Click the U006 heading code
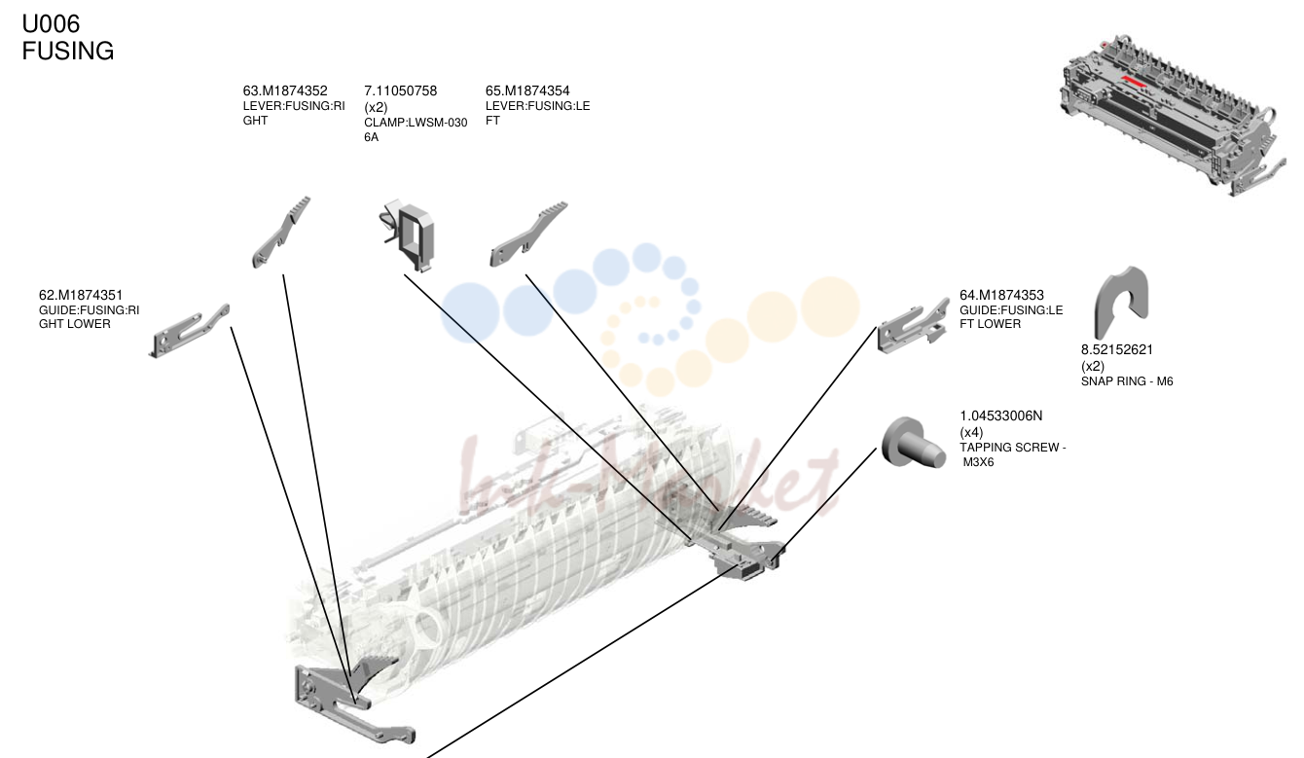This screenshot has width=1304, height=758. pyautogui.click(x=51, y=24)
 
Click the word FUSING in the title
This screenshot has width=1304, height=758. pyautogui.click(x=67, y=51)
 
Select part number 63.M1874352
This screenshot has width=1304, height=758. pyautogui.click(x=285, y=90)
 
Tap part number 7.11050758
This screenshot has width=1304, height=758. pyautogui.click(x=401, y=90)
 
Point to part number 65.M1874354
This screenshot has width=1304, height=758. pyautogui.click(x=527, y=90)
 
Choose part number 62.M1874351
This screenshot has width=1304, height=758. pyautogui.click(x=81, y=295)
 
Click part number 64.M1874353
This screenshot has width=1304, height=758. pyautogui.click(x=1002, y=295)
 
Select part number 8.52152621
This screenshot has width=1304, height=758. pyautogui.click(x=1117, y=350)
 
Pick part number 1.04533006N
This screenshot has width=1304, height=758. pyautogui.click(x=1001, y=416)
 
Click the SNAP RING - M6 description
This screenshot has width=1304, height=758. pyautogui.click(x=1127, y=381)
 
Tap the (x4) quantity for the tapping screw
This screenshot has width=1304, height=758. pyautogui.click(x=971, y=433)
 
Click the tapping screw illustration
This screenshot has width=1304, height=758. pyautogui.click(x=912, y=443)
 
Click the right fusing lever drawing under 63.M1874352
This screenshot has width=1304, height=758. pyautogui.click(x=281, y=233)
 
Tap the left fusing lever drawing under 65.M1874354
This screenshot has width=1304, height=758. pyautogui.click(x=528, y=235)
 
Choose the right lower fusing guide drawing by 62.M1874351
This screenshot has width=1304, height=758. pyautogui.click(x=189, y=331)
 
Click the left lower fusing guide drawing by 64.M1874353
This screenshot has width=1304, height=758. pyautogui.click(x=913, y=327)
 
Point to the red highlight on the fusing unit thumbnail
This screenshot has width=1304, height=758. pyautogui.click(x=1134, y=81)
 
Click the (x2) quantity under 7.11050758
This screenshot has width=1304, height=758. pyautogui.click(x=376, y=108)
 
